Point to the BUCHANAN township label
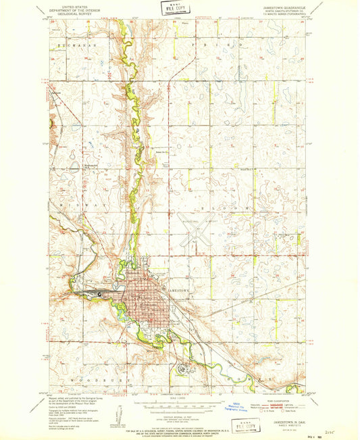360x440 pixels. [x=74, y=43]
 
